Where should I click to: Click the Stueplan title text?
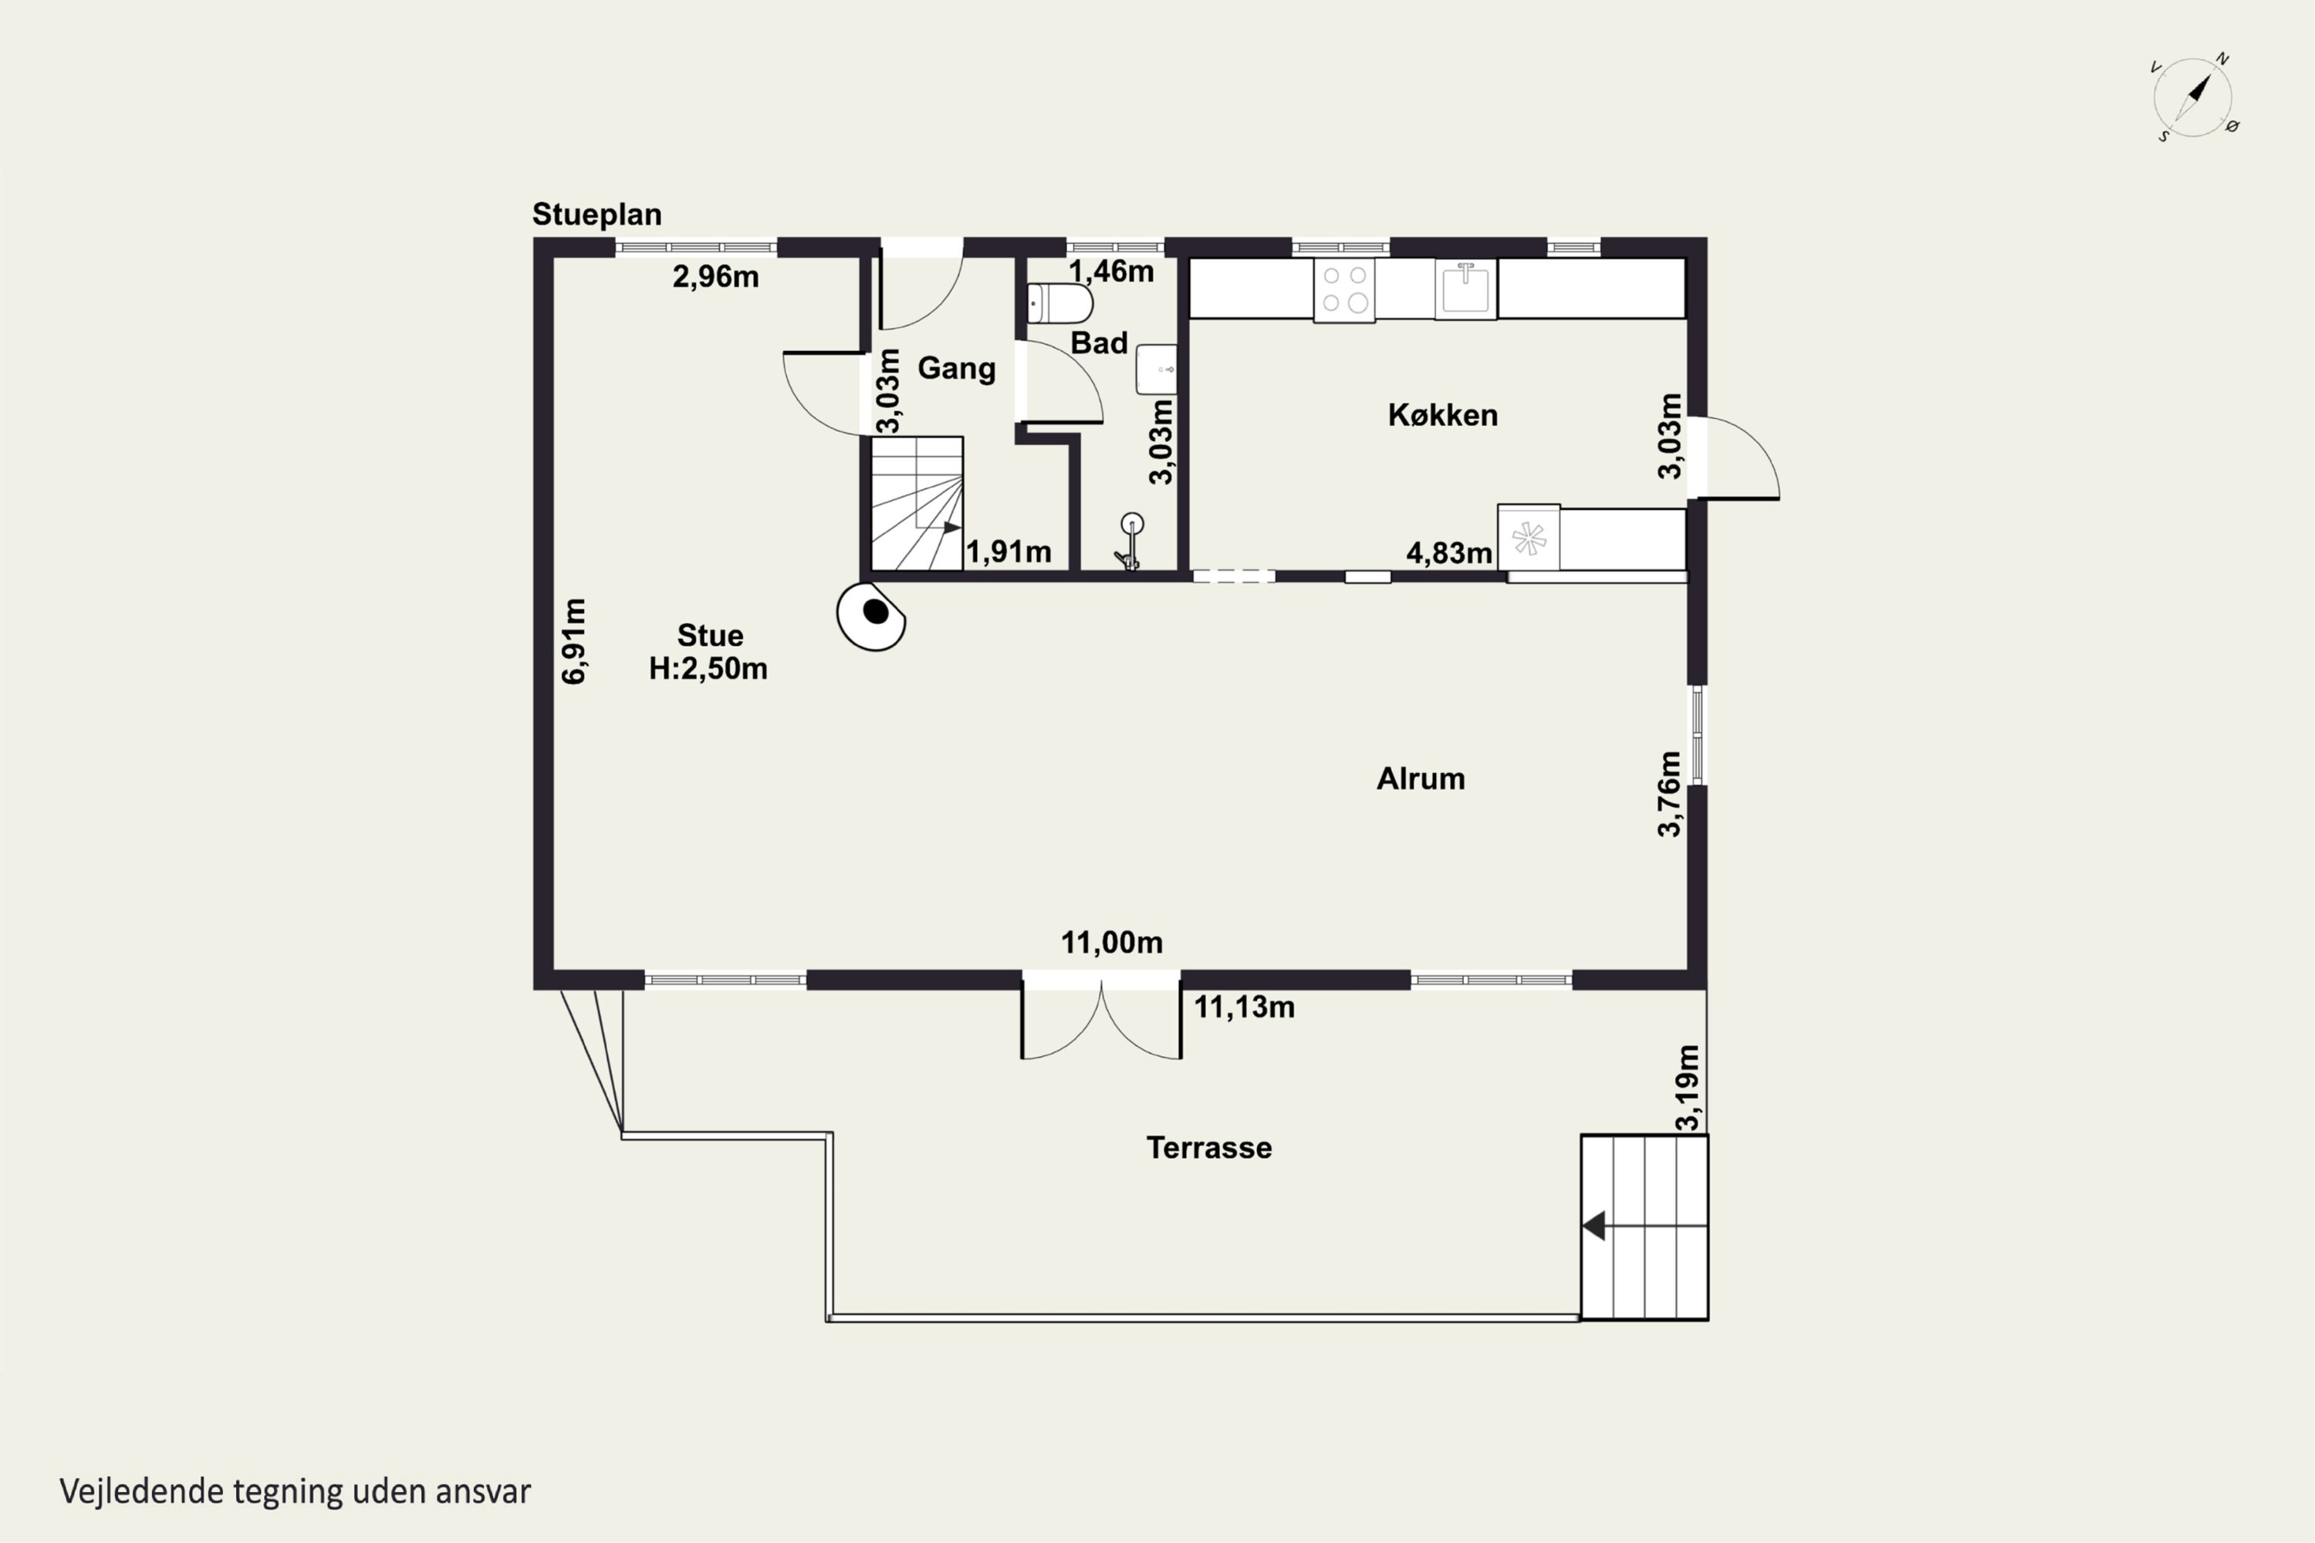596,214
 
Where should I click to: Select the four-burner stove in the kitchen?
1344,290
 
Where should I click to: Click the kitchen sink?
1465,289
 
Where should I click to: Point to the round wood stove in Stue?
871,616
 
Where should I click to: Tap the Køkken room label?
1443,415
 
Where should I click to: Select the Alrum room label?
1421,779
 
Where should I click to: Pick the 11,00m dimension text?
1111,943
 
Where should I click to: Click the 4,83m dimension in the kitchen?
1449,553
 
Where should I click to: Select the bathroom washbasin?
1157,369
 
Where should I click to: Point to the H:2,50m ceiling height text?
708,669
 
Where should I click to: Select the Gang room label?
957,369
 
